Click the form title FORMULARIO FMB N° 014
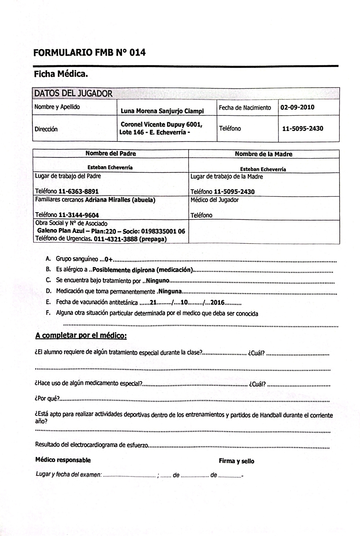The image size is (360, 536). coord(90,52)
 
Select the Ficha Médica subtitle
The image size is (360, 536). coord(61,74)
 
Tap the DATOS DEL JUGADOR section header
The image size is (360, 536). coord(73,93)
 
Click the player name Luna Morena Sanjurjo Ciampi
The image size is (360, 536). coord(162,111)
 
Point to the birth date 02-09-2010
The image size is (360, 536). coord(297,107)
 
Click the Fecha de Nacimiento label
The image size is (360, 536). coord(245,108)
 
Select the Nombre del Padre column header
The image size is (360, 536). coord(110,153)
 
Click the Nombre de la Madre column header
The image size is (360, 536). coord(263,154)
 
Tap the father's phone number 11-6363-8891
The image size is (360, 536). coord(78,191)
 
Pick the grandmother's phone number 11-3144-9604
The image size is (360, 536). coord(79,215)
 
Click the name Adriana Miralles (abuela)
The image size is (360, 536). coord(120,200)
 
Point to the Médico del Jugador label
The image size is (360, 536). coord(215,200)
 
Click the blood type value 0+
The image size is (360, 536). coord(108,259)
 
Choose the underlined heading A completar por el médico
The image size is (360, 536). coord(81,335)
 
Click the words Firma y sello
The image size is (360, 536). coord(236,461)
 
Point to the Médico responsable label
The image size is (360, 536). coord(63,460)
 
